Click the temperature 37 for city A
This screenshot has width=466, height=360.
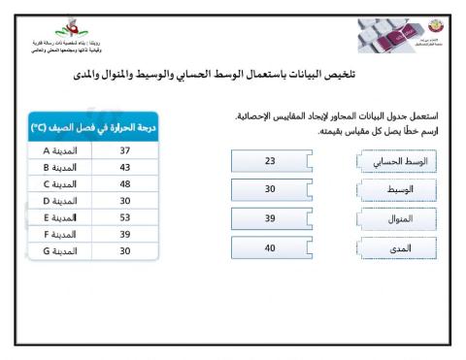[x=124, y=151]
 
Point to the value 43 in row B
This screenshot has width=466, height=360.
[x=124, y=168]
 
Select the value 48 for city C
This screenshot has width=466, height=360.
[x=124, y=184]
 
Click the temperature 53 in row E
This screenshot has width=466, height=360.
[x=124, y=217]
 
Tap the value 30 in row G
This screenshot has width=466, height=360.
[x=124, y=250]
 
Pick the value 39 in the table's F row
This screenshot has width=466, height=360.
[x=124, y=234]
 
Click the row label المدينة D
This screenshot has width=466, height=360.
[x=61, y=201]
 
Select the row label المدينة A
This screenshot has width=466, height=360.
[x=61, y=151]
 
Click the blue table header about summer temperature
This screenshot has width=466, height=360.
[x=93, y=126]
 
